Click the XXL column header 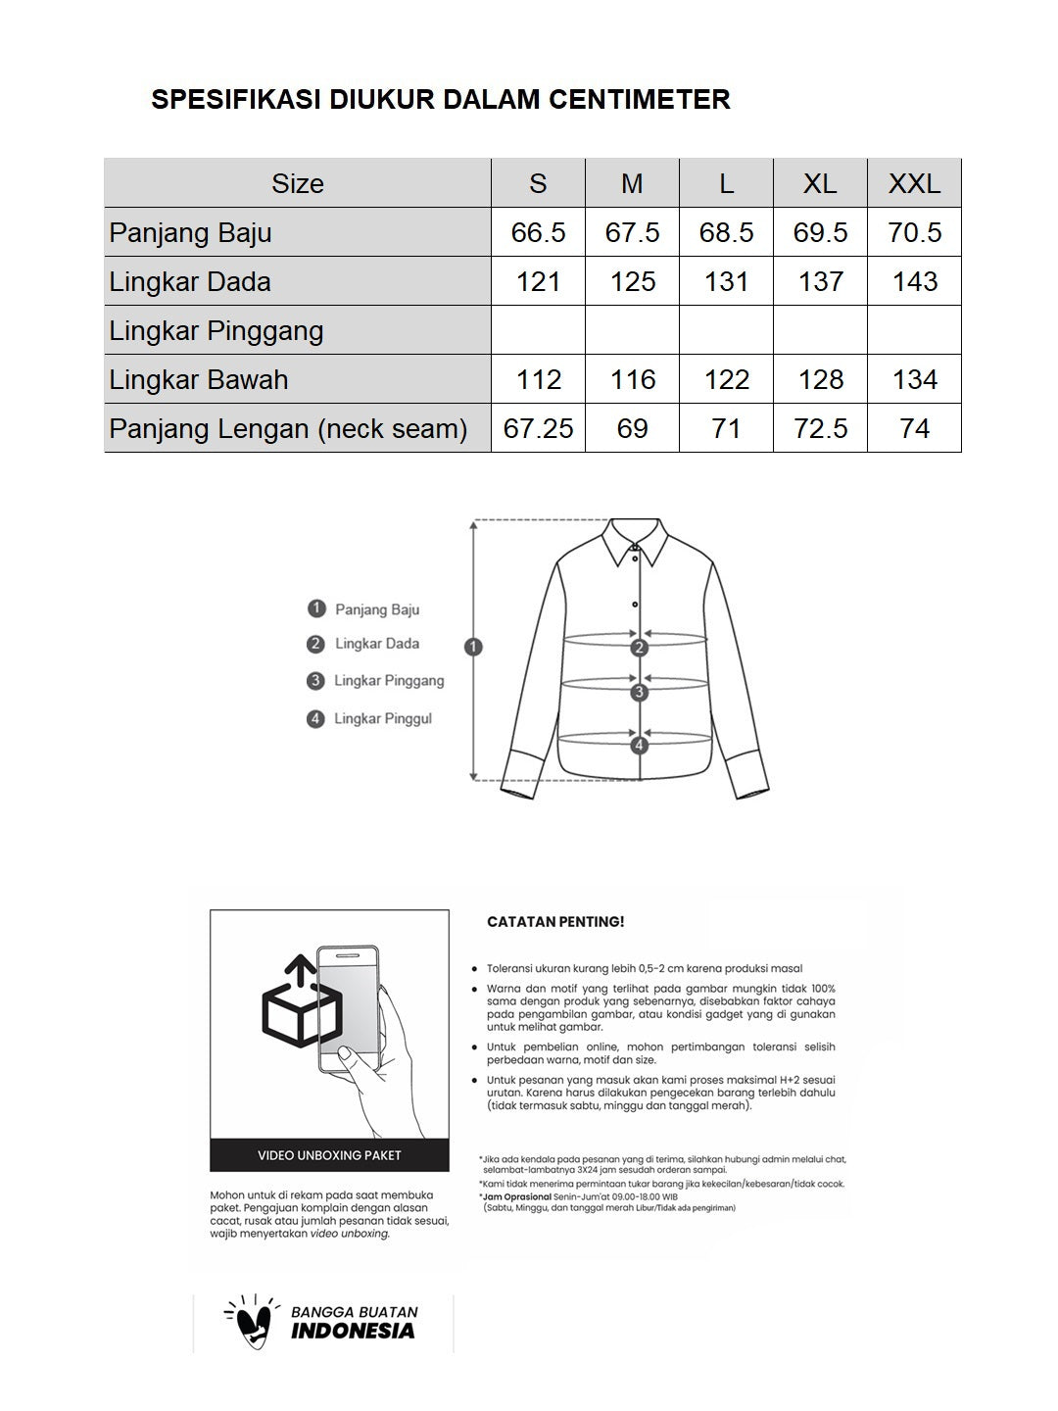[x=914, y=183]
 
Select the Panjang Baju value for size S [x=538, y=232]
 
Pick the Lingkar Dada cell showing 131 [x=726, y=281]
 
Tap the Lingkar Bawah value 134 [x=914, y=379]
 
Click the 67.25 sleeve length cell [x=538, y=428]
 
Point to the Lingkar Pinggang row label [x=216, y=330]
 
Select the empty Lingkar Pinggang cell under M [x=632, y=330]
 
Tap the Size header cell [x=297, y=183]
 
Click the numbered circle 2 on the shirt [x=640, y=647]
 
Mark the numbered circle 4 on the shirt [x=640, y=745]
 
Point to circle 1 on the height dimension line [x=474, y=647]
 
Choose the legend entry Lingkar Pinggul [x=382, y=718]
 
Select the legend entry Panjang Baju [x=376, y=609]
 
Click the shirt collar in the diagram [x=635, y=541]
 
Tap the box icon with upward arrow [x=301, y=1004]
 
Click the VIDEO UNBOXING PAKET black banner [x=329, y=1155]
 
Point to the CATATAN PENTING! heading [x=555, y=922]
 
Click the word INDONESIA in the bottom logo [x=353, y=1331]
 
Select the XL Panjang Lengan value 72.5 [x=820, y=428]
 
